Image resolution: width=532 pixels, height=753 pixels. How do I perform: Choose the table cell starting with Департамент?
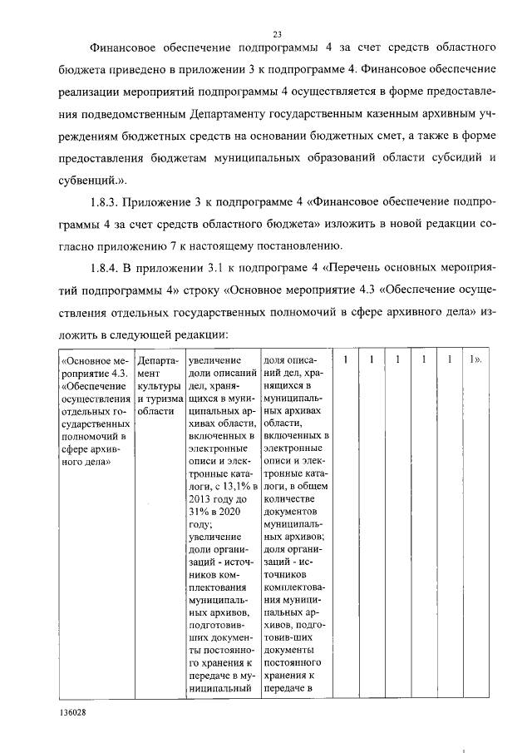pyautogui.click(x=157, y=386)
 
